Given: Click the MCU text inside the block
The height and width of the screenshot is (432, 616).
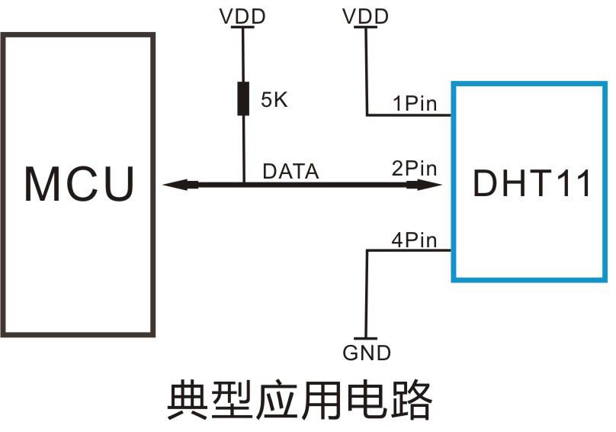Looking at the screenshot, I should (79, 184).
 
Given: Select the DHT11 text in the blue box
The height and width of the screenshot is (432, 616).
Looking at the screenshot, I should (531, 184).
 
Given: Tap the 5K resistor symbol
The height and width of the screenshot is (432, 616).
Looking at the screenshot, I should (243, 99).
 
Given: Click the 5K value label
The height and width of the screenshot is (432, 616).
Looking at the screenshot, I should (274, 100).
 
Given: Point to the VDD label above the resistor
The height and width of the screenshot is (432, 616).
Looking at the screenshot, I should (243, 16).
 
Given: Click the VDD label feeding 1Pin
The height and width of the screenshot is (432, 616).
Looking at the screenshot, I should (367, 16).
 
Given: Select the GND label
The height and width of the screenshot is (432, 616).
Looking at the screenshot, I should (367, 353).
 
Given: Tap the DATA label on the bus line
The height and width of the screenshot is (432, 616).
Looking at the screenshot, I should (290, 172).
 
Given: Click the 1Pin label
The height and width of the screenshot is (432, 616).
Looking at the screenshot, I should (415, 104).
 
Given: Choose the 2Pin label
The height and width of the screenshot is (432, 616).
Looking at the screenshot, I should (415, 169).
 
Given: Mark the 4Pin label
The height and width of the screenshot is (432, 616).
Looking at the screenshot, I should (415, 240).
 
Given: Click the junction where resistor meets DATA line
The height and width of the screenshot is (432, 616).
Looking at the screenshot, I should (243, 184).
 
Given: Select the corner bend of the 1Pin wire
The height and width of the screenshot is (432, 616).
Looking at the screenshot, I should (367, 116).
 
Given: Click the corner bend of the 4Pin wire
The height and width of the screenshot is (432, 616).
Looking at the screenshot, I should (367, 252).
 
